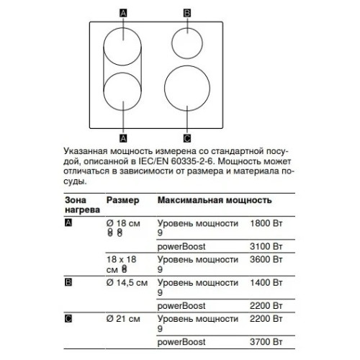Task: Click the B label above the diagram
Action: (187, 13)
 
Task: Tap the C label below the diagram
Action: (187, 138)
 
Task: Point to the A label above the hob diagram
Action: (123, 13)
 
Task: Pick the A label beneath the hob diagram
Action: (123, 138)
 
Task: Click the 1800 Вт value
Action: (266, 223)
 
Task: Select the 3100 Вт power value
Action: (266, 246)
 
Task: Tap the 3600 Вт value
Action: (266, 259)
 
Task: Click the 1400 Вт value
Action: (266, 282)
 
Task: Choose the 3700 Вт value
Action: (266, 342)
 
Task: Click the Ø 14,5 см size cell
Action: (127, 283)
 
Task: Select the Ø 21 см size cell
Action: (123, 319)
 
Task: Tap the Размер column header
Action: (122, 200)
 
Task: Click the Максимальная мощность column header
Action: (215, 200)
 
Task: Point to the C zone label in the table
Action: (68, 319)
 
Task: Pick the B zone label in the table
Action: (68, 282)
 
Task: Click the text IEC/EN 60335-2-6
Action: (176, 161)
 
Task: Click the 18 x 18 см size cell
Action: (121, 264)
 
